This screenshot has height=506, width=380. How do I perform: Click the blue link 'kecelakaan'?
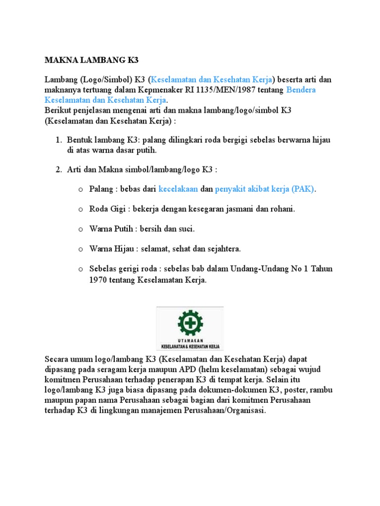(x=178, y=189)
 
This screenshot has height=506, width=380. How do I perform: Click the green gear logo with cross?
(x=190, y=322)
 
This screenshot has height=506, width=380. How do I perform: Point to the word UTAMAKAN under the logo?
(x=190, y=340)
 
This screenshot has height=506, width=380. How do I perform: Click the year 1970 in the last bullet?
(x=98, y=280)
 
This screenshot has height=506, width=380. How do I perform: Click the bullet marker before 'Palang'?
(x=80, y=189)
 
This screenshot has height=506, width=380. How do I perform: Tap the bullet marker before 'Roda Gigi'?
(x=80, y=209)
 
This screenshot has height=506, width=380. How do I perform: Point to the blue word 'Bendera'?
(x=301, y=90)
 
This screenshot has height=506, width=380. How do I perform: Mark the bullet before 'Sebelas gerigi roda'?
(x=80, y=269)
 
